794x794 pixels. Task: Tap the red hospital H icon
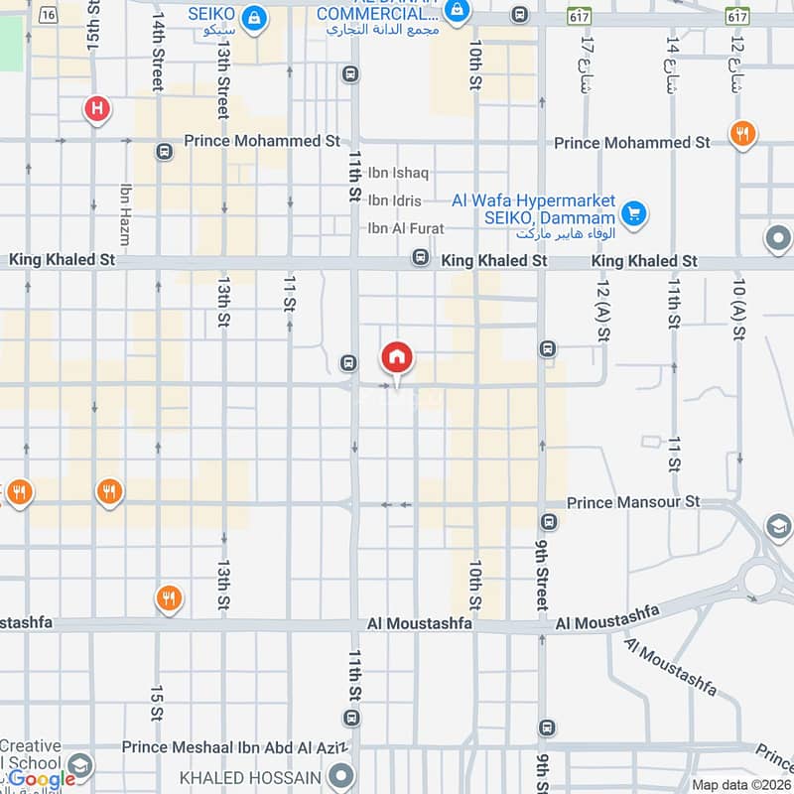point(97,107)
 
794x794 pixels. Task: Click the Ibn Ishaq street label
point(398,173)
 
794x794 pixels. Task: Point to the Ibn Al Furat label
point(406,228)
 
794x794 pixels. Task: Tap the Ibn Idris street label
point(394,200)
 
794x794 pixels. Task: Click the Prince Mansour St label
point(633,503)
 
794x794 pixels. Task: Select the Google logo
point(42,778)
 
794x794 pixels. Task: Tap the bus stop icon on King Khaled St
point(421,258)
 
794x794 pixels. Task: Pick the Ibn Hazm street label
point(125,215)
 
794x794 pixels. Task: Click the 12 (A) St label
point(602,312)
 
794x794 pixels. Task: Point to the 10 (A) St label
point(738,312)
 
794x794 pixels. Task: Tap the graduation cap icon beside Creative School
point(80,766)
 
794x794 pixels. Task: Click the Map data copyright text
point(740,785)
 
